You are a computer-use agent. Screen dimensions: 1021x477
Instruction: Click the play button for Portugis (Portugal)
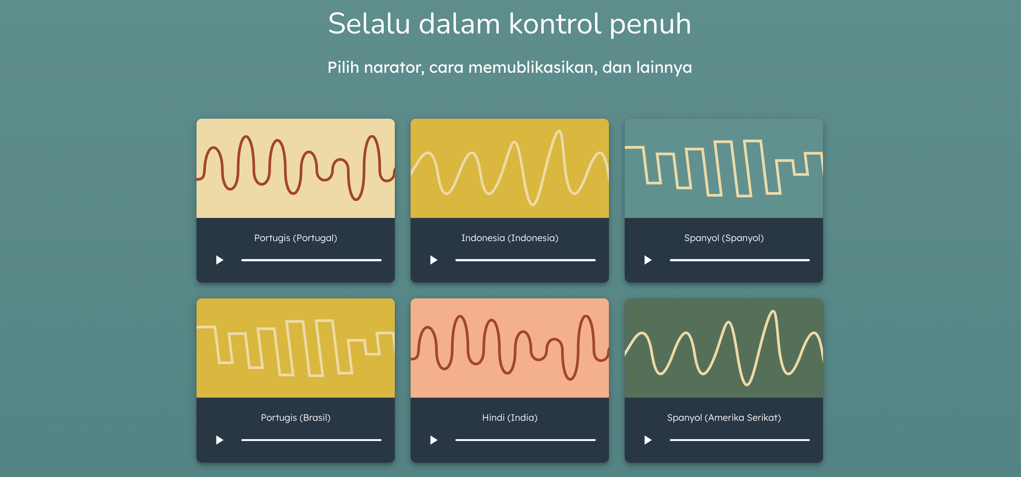tap(219, 260)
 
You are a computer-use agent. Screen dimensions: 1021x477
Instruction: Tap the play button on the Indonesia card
tap(434, 260)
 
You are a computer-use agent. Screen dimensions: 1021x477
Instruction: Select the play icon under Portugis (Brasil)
tap(219, 440)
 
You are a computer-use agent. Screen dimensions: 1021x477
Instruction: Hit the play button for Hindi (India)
tap(434, 440)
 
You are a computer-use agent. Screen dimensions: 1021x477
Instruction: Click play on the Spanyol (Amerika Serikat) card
tap(647, 440)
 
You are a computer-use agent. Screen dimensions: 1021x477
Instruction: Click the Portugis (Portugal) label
tap(296, 238)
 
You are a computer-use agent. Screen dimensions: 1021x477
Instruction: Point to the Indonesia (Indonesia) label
tap(510, 238)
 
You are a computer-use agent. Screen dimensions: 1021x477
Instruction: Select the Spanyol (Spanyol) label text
tap(724, 238)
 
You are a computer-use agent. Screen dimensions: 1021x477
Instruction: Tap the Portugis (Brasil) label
tap(296, 417)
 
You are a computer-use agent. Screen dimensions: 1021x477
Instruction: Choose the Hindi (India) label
tap(510, 417)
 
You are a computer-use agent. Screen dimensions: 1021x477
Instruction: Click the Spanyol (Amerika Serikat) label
tap(724, 417)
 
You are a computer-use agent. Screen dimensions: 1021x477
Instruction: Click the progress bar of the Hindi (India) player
tap(526, 440)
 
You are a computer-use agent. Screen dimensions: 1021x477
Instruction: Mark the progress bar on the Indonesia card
tap(526, 260)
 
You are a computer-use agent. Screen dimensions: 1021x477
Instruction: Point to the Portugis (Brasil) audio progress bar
tap(311, 440)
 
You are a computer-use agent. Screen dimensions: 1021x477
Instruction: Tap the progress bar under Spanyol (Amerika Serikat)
tap(740, 440)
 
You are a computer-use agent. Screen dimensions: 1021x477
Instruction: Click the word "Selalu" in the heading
tap(369, 24)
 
